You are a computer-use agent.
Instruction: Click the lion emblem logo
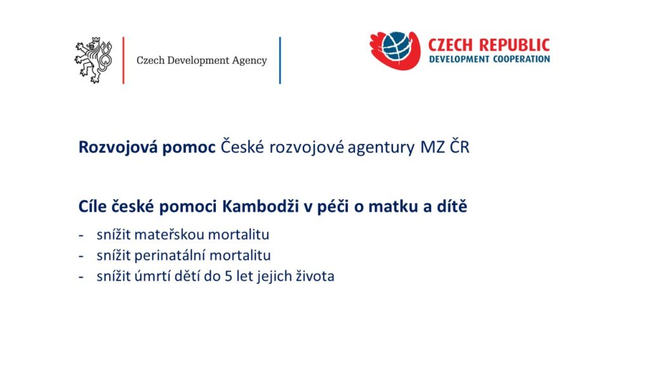(93, 60)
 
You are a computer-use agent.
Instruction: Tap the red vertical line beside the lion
(124, 60)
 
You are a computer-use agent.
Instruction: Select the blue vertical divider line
(280, 60)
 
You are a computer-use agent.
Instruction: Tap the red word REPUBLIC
(514, 45)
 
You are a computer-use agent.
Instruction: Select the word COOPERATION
(522, 59)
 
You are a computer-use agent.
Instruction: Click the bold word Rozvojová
(118, 148)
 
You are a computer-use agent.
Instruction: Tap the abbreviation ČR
(460, 146)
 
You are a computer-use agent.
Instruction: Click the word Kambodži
(260, 206)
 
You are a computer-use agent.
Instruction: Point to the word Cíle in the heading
(93, 206)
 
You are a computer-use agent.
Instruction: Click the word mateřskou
(169, 234)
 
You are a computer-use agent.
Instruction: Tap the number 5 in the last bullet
(229, 276)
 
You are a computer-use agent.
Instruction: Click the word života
(315, 276)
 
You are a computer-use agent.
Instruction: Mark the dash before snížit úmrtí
(81, 277)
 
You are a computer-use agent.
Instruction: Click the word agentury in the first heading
(381, 148)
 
